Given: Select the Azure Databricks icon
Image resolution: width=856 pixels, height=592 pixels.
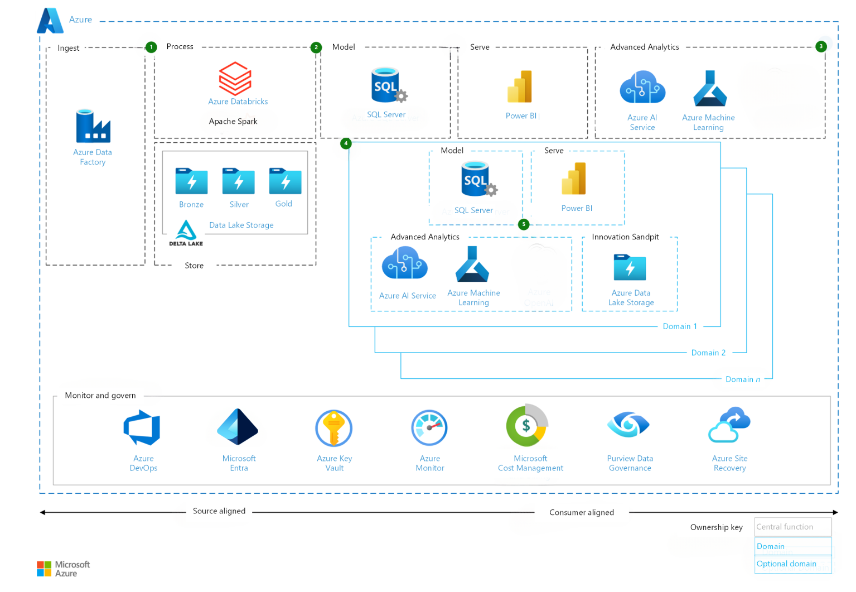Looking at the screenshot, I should (235, 79).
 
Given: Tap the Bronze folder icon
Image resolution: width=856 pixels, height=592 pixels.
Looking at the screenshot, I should (191, 181).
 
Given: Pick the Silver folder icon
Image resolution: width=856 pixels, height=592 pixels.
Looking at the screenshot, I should (238, 181).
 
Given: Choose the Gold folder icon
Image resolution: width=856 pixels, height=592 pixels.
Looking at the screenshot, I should (285, 181).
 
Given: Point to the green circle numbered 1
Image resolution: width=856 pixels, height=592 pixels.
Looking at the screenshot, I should (151, 47).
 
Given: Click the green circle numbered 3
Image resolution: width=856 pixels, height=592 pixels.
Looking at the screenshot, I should (821, 46).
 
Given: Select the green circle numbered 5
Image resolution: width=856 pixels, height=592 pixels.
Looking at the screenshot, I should (524, 224).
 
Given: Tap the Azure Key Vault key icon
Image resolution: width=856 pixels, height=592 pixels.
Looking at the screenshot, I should (333, 428).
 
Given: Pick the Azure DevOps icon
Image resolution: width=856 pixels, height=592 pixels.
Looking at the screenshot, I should (142, 427).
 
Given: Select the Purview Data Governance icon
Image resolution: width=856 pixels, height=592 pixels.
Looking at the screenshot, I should (628, 425).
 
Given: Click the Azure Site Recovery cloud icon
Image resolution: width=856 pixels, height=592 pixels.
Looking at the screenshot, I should (729, 425).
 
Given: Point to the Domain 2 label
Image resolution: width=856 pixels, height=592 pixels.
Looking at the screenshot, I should (708, 353).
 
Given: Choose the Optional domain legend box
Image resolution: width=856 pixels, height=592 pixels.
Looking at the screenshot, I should (792, 564).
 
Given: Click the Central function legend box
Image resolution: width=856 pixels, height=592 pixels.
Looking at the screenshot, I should (792, 527).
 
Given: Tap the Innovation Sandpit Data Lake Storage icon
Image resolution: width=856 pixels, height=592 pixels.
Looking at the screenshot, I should (630, 267).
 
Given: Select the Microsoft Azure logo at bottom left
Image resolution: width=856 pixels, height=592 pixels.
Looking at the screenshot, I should (63, 569).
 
